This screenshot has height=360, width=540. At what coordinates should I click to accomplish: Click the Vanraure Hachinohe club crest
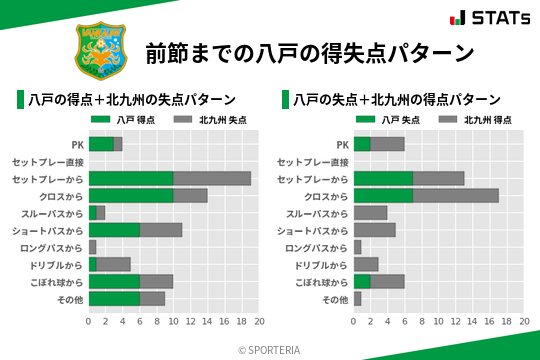(x=98, y=48)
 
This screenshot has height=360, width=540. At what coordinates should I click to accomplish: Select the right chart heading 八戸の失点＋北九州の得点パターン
(x=397, y=100)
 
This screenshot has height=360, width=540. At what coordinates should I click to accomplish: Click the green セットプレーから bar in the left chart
(x=131, y=178)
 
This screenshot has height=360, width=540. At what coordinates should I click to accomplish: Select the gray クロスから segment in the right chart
(x=456, y=195)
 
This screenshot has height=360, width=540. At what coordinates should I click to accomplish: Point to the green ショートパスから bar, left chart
(x=114, y=229)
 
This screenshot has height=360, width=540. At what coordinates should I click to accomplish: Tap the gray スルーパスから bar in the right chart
(x=371, y=212)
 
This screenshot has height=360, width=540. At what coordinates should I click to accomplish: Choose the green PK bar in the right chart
(x=362, y=144)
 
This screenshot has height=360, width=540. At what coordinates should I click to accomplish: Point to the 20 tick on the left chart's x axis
(x=259, y=322)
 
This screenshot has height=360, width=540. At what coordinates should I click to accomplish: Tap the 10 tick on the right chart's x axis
(x=439, y=322)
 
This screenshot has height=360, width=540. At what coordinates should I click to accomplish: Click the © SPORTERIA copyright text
(x=270, y=349)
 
